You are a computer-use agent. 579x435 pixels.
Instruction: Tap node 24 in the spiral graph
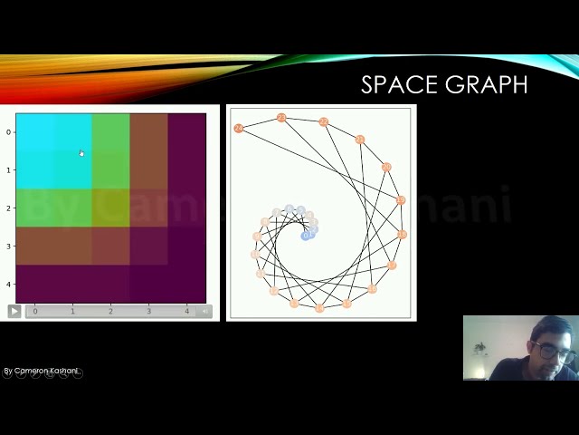[239, 129]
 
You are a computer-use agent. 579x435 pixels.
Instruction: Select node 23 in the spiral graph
[281, 118]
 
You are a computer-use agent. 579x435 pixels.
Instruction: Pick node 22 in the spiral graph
[323, 122]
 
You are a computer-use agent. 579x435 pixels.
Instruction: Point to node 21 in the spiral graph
[360, 140]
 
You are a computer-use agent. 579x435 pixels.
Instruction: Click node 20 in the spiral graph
[386, 168]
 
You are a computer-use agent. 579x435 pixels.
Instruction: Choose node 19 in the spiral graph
[401, 200]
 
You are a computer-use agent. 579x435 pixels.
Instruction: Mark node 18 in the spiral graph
[403, 235]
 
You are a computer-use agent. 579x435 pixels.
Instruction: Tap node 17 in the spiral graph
[393, 266]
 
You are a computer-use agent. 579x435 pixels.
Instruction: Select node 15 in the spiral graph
[346, 304]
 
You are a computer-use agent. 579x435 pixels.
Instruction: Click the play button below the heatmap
[14, 311]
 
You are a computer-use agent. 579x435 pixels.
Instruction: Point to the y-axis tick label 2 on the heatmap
[8, 208]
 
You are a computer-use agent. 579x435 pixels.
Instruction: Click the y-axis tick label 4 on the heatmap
[8, 284]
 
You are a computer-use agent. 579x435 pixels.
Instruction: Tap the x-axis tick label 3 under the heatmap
[149, 312]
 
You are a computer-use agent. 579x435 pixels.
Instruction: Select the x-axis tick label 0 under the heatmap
[35, 312]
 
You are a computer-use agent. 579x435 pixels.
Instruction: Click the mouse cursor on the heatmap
[81, 153]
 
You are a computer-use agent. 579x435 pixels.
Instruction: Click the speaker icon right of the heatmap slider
[204, 312]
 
